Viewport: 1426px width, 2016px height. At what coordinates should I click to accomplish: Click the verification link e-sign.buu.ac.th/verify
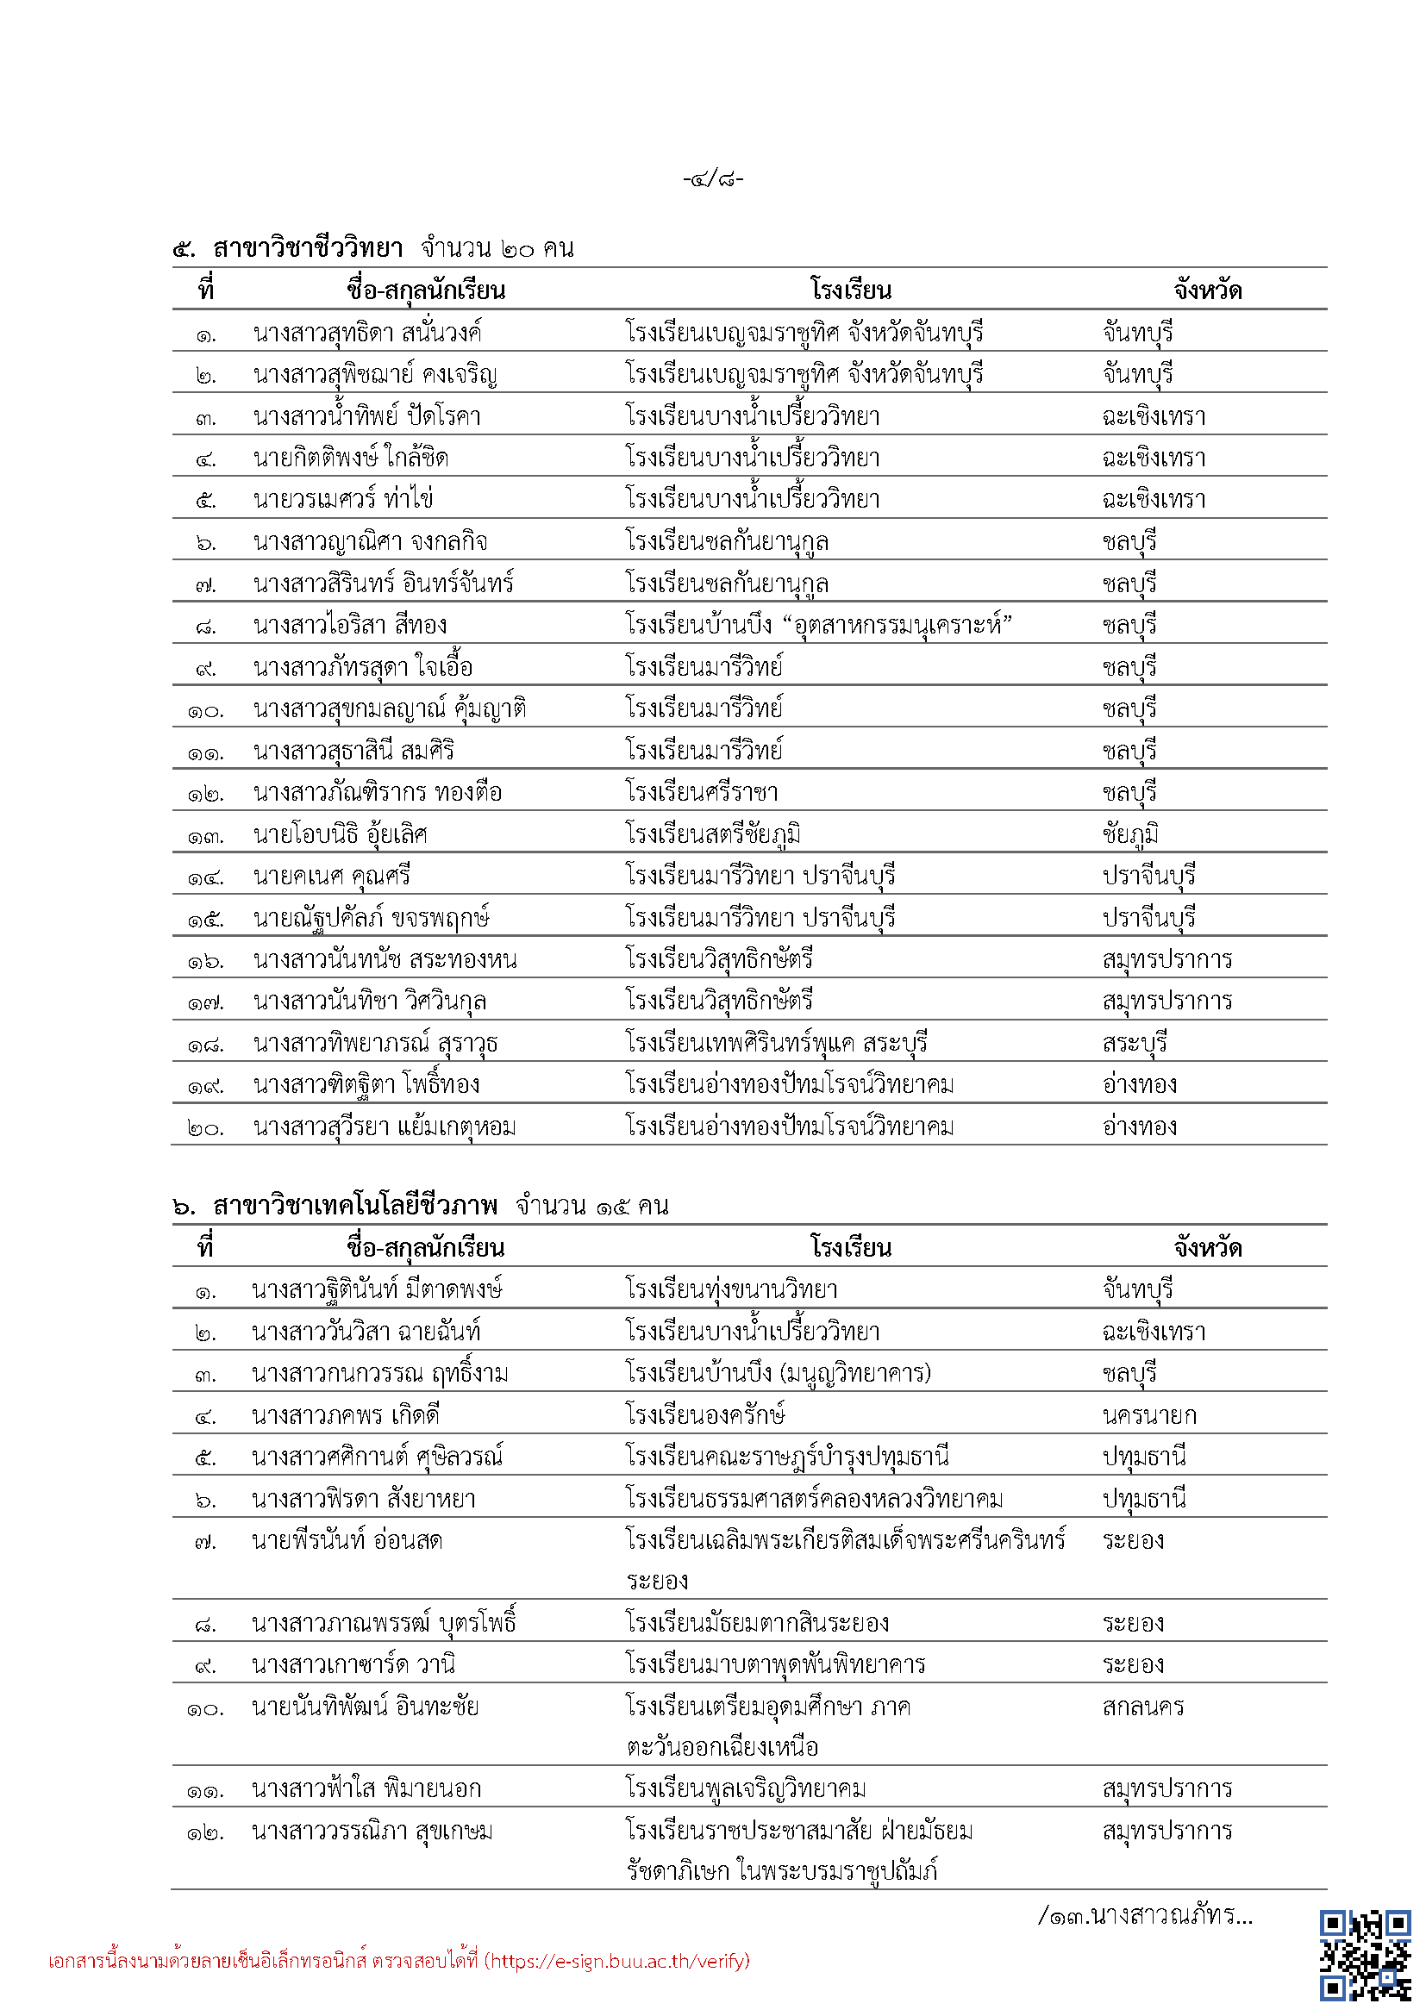point(619,1961)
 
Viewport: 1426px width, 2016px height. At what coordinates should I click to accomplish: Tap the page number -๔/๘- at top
point(713,179)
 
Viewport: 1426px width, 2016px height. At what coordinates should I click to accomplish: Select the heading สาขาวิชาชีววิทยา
point(307,248)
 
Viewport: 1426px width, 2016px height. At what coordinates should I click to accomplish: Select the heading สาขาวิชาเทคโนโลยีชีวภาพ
point(354,1206)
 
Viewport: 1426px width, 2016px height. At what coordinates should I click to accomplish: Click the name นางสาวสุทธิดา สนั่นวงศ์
point(367,334)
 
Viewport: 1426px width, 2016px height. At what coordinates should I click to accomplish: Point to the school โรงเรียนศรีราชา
point(702,793)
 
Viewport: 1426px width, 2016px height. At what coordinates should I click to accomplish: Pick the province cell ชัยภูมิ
point(1130,834)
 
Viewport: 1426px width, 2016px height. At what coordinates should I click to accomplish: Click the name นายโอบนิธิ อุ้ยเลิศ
point(340,834)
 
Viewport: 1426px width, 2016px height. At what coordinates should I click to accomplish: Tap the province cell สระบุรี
point(1135,1043)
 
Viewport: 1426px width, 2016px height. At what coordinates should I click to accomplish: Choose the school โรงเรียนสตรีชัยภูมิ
point(712,834)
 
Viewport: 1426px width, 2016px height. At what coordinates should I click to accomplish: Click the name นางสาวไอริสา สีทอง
point(349,625)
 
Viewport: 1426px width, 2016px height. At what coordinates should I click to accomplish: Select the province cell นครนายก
point(1148,1415)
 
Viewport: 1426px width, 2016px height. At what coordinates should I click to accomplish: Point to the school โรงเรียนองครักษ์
point(705,1415)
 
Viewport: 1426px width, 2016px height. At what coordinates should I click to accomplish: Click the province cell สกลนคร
point(1143,1707)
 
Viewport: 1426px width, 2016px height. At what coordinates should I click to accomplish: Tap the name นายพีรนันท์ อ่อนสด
point(347,1541)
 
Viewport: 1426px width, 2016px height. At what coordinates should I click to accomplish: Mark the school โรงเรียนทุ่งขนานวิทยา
point(731,1290)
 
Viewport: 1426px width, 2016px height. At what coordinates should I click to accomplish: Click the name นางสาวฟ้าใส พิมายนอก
point(366,1788)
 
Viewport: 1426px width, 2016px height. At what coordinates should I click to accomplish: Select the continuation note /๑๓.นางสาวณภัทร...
point(1145,1915)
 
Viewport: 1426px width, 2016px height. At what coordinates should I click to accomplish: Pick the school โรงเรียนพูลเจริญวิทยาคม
point(746,1788)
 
